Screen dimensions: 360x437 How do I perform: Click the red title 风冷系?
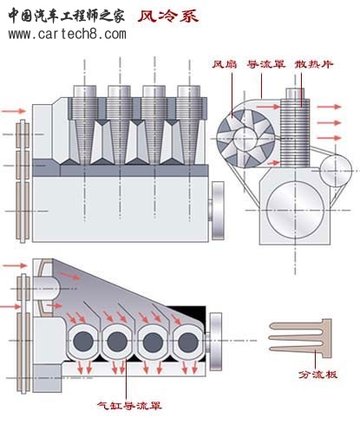(167, 16)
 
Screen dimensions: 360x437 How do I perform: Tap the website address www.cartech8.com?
(67, 35)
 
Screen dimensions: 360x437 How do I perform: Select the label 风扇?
(225, 64)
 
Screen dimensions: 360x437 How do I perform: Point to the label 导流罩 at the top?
(266, 64)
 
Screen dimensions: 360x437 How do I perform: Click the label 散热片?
(314, 64)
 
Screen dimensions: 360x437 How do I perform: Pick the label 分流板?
(317, 375)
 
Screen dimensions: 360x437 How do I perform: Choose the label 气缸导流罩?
(129, 406)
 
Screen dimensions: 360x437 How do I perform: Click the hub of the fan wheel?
(245, 140)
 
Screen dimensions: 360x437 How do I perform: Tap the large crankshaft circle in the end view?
(295, 210)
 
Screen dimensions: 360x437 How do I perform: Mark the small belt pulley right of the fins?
(336, 171)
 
